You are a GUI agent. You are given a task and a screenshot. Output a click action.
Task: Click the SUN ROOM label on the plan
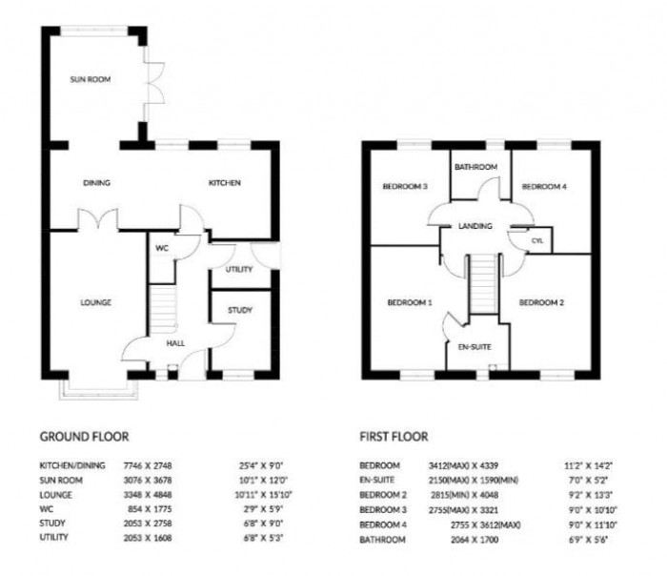(x=90, y=80)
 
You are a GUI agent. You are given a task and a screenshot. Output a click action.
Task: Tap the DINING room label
(x=97, y=183)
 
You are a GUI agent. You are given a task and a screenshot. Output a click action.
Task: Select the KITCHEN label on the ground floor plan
(x=226, y=183)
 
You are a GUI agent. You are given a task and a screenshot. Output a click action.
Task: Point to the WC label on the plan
(x=163, y=248)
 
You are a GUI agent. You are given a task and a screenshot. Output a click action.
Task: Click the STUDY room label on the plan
(x=240, y=310)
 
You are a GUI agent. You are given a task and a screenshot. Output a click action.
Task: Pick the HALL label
(x=175, y=342)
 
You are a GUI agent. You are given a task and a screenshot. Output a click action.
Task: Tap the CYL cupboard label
(x=536, y=241)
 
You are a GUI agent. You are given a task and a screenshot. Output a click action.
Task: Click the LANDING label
(x=475, y=226)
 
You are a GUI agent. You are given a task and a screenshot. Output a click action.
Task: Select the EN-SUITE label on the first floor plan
(x=474, y=346)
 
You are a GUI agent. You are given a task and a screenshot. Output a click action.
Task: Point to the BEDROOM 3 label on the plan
(x=405, y=187)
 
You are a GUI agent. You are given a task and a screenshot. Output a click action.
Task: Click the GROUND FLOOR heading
(x=84, y=437)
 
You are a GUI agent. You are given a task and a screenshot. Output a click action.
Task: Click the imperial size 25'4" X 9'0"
(x=261, y=465)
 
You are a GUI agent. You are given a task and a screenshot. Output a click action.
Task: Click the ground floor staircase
(x=164, y=311)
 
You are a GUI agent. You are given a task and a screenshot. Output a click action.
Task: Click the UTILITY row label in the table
(x=55, y=538)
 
